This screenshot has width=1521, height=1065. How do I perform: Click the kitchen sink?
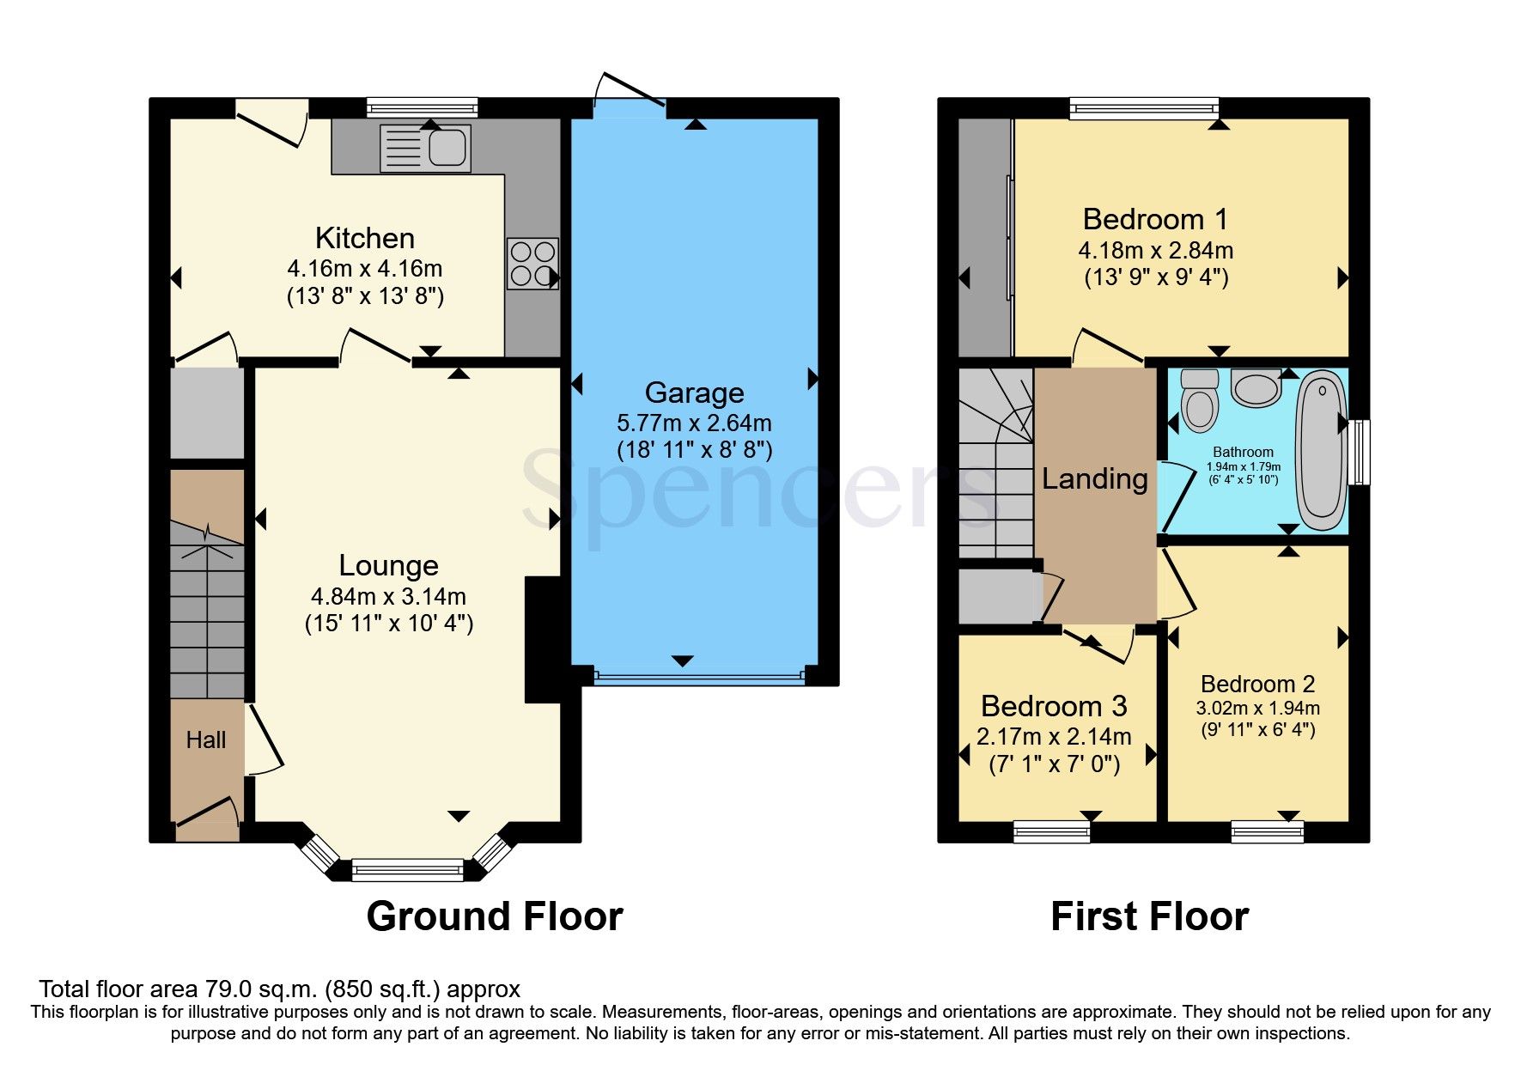426,149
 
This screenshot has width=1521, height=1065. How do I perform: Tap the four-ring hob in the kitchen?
532,264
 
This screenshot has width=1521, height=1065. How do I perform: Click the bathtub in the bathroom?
1321,451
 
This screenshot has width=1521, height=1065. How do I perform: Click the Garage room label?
694,393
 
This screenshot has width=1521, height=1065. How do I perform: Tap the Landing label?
1094,478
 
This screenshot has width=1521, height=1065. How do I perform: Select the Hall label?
206,739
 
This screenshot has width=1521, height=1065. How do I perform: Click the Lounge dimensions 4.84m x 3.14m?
388,596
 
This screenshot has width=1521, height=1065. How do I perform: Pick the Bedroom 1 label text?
1155,219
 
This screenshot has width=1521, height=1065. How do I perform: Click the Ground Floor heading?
495,916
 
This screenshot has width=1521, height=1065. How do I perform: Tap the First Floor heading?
1149,916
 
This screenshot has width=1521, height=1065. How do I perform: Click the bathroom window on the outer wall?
1359,452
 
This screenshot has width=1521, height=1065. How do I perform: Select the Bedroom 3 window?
1051,831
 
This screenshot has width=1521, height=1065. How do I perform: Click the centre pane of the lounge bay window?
407,870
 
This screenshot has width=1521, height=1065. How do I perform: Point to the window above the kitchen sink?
422,107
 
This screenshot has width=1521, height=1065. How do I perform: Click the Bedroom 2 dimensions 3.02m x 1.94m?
1257,708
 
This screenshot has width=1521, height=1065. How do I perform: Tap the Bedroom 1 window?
1144,107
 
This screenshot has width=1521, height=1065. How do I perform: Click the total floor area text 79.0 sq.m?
279,989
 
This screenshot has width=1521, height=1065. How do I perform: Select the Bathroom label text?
1243,452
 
